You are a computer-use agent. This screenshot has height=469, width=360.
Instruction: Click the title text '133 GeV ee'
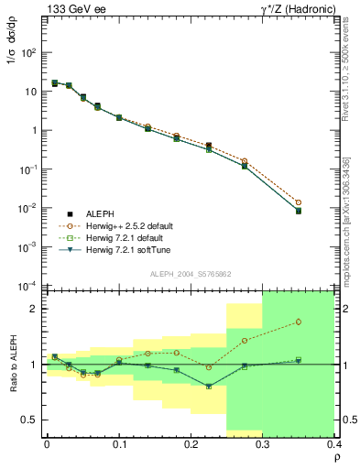point(71,9)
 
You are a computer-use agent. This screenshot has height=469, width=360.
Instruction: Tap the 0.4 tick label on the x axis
point(334,444)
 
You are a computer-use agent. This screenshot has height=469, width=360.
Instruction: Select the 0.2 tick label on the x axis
point(191,444)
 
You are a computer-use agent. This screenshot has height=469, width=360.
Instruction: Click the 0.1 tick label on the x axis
point(118,444)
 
